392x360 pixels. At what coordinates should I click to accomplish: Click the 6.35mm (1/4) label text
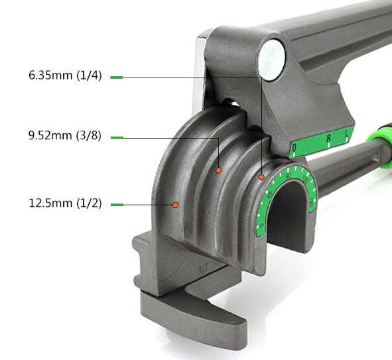click(x=64, y=76)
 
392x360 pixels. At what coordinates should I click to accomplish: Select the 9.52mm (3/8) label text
click(x=64, y=137)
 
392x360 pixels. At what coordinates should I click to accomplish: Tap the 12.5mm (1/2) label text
click(x=64, y=203)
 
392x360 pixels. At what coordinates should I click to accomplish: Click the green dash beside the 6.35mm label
click(x=116, y=78)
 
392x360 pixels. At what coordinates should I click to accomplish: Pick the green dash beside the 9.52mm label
click(x=116, y=138)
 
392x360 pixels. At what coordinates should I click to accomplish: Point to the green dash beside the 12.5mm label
click(x=116, y=204)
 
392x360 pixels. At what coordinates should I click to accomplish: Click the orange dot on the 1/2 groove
click(x=175, y=205)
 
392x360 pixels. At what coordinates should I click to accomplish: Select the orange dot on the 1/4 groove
click(x=262, y=177)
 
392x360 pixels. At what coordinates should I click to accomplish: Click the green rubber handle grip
click(x=383, y=143)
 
